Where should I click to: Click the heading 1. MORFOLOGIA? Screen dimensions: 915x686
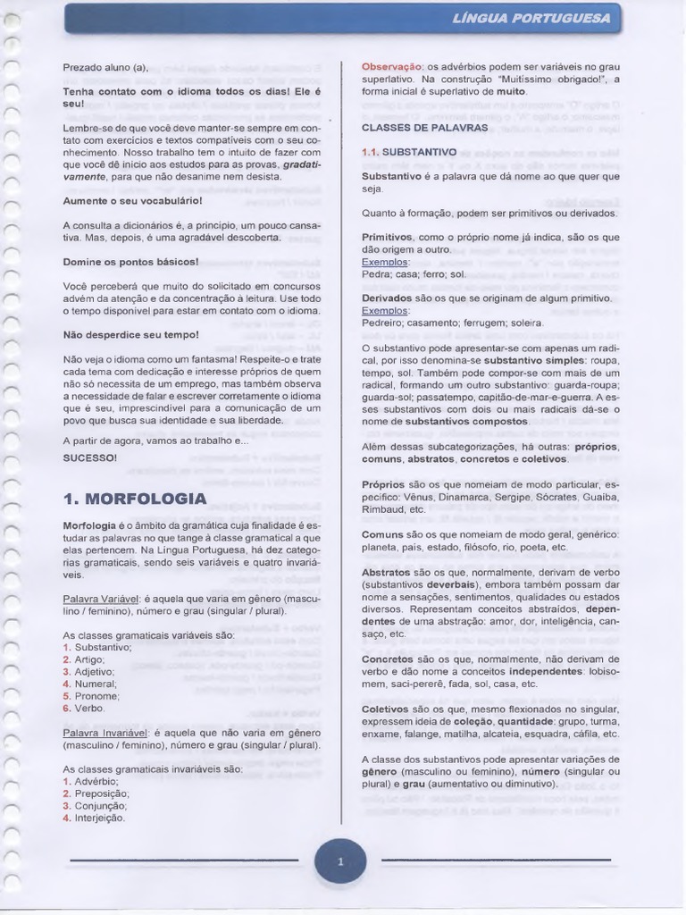tap(134, 498)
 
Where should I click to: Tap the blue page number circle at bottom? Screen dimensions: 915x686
tap(340, 863)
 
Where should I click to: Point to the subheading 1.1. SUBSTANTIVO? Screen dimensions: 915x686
tap(409, 152)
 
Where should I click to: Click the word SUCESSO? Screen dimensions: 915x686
tap(89, 457)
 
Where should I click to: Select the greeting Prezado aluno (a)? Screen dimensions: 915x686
tap(105, 67)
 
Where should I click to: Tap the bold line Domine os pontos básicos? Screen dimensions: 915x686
tap(130, 262)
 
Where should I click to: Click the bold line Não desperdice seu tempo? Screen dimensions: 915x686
tap(130, 334)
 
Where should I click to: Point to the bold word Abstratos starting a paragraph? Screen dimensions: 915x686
tap(387, 572)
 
